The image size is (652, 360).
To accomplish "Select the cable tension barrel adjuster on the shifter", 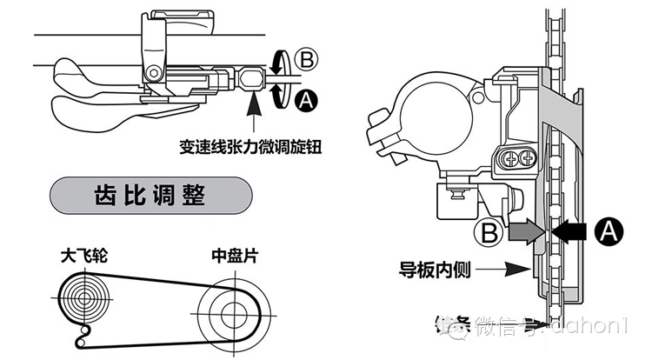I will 250,80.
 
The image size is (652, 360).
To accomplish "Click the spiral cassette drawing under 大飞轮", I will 85,298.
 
